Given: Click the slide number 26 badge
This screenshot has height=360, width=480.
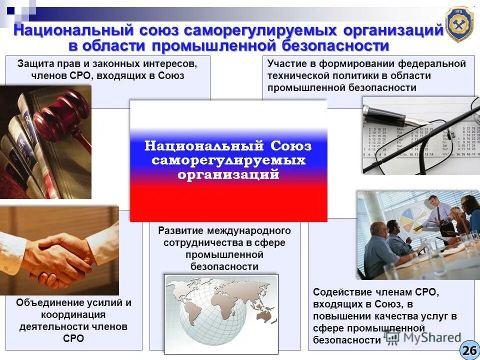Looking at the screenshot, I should [x=469, y=350].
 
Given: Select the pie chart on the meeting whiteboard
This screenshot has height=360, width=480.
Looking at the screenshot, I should [x=413, y=220].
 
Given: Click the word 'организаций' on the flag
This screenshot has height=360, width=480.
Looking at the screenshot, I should [x=228, y=175].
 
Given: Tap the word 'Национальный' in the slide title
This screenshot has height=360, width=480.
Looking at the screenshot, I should [x=73, y=30].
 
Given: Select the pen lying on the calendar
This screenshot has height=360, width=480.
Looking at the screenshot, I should [x=395, y=115].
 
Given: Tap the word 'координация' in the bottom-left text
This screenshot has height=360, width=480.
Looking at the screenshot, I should [x=73, y=314].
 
